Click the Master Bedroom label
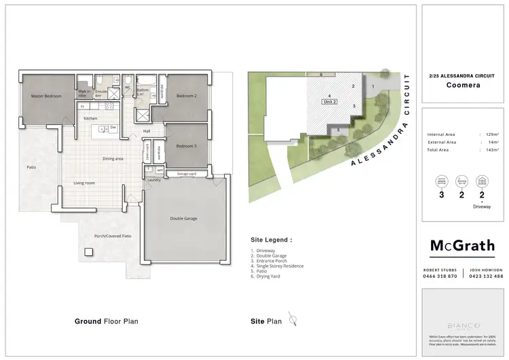(x=46, y=96)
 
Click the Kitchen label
(x=91, y=119)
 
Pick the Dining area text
(x=113, y=158)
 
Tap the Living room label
(x=85, y=183)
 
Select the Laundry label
(x=153, y=180)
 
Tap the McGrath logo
(x=462, y=246)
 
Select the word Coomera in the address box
(x=462, y=86)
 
